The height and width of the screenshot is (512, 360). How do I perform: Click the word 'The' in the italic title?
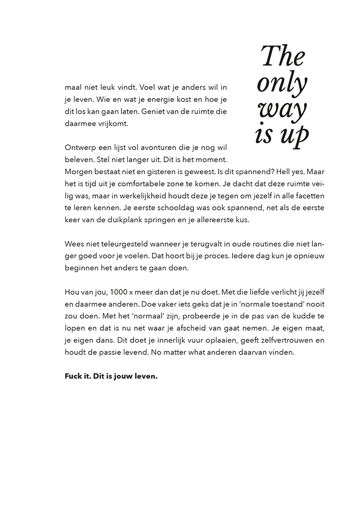pos(283,56)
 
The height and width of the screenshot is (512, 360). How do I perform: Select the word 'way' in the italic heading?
pos(283,110)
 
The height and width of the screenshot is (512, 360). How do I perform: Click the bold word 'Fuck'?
pos(74,377)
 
